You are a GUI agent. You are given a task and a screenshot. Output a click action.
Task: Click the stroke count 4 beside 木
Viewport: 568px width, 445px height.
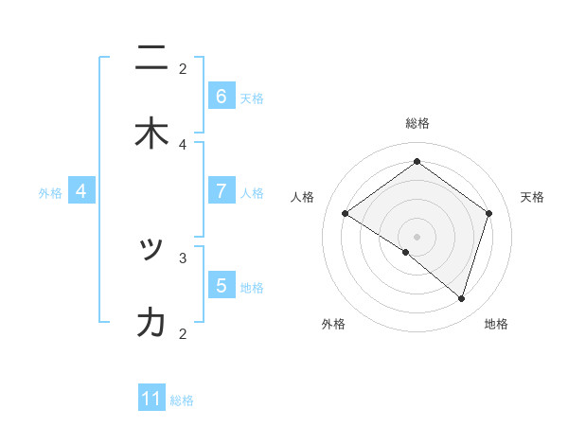pyautogui.click(x=183, y=144)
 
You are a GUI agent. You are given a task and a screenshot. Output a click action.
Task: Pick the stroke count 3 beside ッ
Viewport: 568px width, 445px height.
pyautogui.click(x=183, y=257)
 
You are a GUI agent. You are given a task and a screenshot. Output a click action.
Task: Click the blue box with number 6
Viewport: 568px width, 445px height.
pyautogui.click(x=221, y=97)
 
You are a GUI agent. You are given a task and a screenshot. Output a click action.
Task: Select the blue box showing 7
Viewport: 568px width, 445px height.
pyautogui.click(x=221, y=191)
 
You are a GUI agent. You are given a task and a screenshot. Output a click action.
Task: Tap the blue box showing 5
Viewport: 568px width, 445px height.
pyautogui.click(x=221, y=285)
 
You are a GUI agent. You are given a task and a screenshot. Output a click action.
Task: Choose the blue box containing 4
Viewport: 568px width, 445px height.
pyautogui.click(x=80, y=191)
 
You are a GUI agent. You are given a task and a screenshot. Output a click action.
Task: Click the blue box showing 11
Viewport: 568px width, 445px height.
pyautogui.click(x=151, y=399)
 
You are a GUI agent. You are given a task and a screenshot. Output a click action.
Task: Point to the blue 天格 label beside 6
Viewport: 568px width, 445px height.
pyautogui.click(x=252, y=98)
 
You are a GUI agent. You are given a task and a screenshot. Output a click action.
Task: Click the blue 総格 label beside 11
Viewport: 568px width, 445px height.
pyautogui.click(x=182, y=400)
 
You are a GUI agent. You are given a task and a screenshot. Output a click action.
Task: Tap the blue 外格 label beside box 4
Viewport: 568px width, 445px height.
pyautogui.click(x=50, y=193)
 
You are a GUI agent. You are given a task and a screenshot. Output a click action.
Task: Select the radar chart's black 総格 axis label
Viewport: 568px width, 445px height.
pyautogui.click(x=417, y=123)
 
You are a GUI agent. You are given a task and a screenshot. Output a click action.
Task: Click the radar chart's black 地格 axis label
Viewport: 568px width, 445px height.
pyautogui.click(x=496, y=324)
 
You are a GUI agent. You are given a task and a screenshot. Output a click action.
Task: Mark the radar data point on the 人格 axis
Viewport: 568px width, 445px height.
pyautogui.click(x=346, y=214)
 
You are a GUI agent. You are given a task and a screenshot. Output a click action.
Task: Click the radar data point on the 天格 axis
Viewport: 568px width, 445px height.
pyautogui.click(x=488, y=214)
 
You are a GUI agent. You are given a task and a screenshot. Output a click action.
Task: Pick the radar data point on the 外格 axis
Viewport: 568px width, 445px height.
pyautogui.click(x=406, y=252)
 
